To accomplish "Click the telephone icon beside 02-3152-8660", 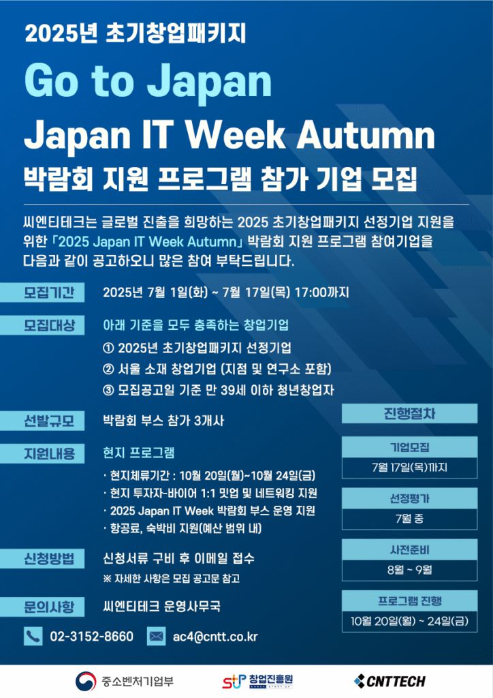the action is [33, 636].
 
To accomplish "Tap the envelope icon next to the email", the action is [156, 636].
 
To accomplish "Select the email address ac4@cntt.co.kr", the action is [215, 637].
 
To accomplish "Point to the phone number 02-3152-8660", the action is [91, 637].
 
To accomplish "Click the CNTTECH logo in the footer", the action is [390, 681].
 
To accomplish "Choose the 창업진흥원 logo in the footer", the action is [258, 681].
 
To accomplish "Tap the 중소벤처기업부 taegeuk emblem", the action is [86, 681].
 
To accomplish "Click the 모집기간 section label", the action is [42, 292].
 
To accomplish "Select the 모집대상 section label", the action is [42, 325].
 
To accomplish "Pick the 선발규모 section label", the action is [42, 421].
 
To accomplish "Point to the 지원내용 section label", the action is [42, 453].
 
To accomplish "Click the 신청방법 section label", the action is [42, 559].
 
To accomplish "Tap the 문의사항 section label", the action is [42, 607].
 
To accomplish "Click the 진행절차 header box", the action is [409, 414].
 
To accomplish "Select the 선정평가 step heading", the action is [409, 498].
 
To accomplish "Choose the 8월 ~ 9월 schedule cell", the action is [409, 570].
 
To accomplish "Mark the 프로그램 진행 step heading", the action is [409, 601].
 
